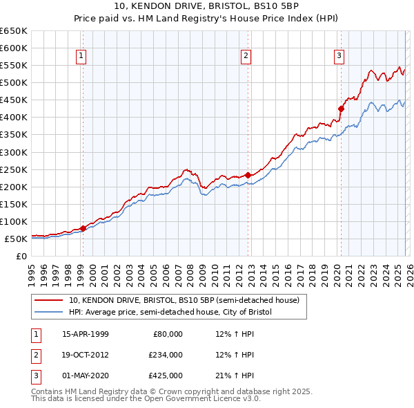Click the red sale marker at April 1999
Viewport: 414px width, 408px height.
pyautogui.click(x=83, y=228)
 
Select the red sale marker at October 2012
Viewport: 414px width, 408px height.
pyautogui.click(x=248, y=175)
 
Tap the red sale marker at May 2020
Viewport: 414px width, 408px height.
pyautogui.click(x=341, y=109)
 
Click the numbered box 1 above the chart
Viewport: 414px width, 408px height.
pyautogui.click(x=81, y=56)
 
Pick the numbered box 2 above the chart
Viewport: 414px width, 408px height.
pyautogui.click(x=246, y=56)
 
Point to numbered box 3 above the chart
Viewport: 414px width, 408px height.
pyautogui.click(x=339, y=56)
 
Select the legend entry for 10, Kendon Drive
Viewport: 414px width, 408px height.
pyautogui.click(x=184, y=301)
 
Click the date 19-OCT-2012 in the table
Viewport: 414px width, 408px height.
pyautogui.click(x=86, y=355)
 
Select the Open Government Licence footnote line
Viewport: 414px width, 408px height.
pyautogui.click(x=146, y=400)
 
